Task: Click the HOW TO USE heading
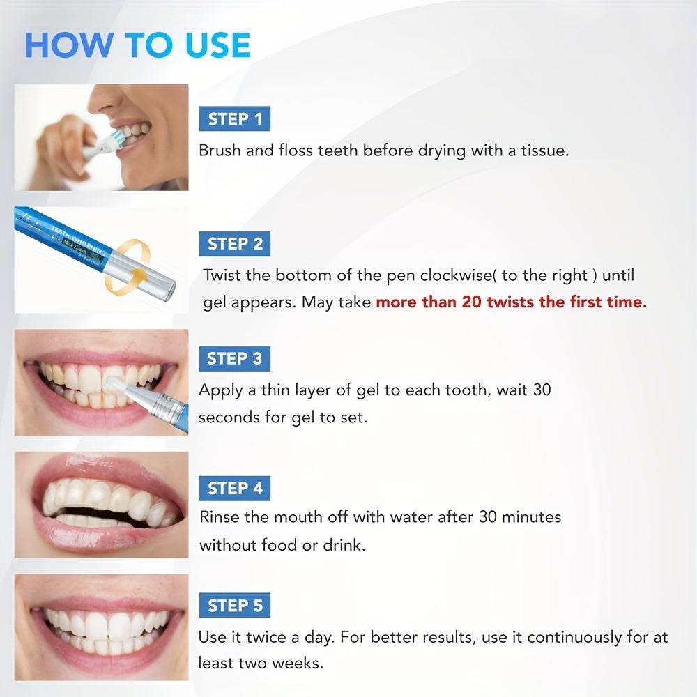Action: point(137,45)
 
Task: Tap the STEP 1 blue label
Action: point(235,120)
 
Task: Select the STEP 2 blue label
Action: point(235,244)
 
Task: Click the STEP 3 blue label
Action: point(234,359)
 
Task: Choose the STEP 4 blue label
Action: point(235,489)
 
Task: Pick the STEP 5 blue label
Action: point(235,606)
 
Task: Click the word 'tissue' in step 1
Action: point(544,150)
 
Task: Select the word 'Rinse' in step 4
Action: point(217,517)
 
